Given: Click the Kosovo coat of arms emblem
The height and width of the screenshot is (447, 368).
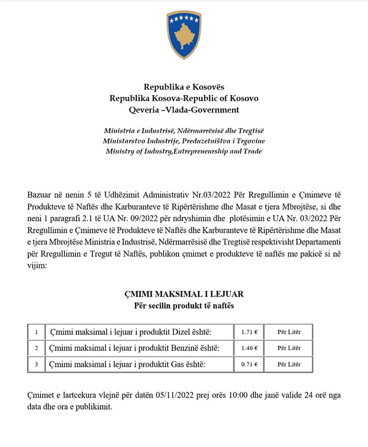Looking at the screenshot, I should coord(184,35).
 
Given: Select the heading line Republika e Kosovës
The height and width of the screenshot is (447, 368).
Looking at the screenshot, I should coord(184,87).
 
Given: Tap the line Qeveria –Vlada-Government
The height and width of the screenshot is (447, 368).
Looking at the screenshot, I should coord(184,110).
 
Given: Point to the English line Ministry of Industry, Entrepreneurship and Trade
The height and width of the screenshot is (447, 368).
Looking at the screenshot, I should coord(184,151).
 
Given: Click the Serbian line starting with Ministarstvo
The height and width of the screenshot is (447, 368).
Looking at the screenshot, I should coord(184,141).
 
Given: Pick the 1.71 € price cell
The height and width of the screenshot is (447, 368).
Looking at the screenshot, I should coord(249,332).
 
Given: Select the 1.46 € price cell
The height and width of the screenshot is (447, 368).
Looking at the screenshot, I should coord(249,348).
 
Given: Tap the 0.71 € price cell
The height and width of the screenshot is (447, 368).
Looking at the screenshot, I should coord(249,364).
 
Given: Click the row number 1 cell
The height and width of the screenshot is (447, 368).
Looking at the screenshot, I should coord(36,332).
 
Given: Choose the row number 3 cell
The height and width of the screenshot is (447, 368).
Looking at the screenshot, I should coord(36,364).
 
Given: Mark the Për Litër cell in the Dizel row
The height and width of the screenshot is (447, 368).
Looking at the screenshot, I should coord(289,332).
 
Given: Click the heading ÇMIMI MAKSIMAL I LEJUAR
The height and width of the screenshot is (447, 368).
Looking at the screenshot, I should coord(184,294).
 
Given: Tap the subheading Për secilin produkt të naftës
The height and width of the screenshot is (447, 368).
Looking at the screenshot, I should coord(184,306).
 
